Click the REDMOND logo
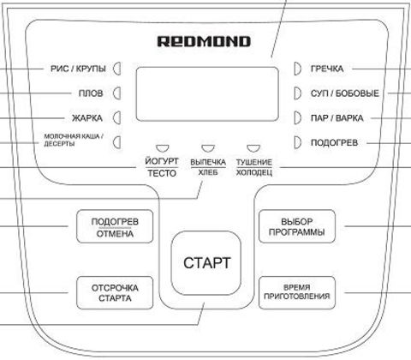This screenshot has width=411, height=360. click(204, 41)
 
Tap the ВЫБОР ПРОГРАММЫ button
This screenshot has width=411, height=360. click(297, 226)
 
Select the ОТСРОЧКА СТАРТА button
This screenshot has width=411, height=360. click(115, 293)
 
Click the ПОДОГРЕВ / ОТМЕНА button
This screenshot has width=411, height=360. click(115, 226)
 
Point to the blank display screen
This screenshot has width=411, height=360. click(207, 94)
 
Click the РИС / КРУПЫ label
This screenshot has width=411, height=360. click(78, 69)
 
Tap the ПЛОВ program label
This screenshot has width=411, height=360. click(91, 93)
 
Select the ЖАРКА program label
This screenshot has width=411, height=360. click(87, 118)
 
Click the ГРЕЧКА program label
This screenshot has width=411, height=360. click(327, 69)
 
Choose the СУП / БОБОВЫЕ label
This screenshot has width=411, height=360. click(345, 93)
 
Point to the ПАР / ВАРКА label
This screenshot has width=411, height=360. click(337, 118)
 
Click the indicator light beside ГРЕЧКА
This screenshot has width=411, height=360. click(297, 69)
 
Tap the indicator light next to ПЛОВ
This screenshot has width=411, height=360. click(117, 93)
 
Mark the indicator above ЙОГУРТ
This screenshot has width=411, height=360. click(162, 148)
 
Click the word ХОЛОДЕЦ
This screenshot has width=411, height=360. click(254, 173)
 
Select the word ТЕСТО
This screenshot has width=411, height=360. click(162, 173)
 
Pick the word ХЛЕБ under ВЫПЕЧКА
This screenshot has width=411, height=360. click(208, 173)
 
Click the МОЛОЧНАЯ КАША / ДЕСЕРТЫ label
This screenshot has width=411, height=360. click(74, 140)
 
